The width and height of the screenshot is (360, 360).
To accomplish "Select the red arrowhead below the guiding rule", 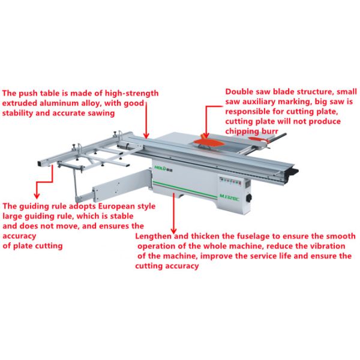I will coord(37,196).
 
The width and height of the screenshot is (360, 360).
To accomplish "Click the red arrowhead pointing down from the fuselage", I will coord(173,232).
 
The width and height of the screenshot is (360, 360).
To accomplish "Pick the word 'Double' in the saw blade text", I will coord(240,92).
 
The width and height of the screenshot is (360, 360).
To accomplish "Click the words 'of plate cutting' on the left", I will coord(33,246).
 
